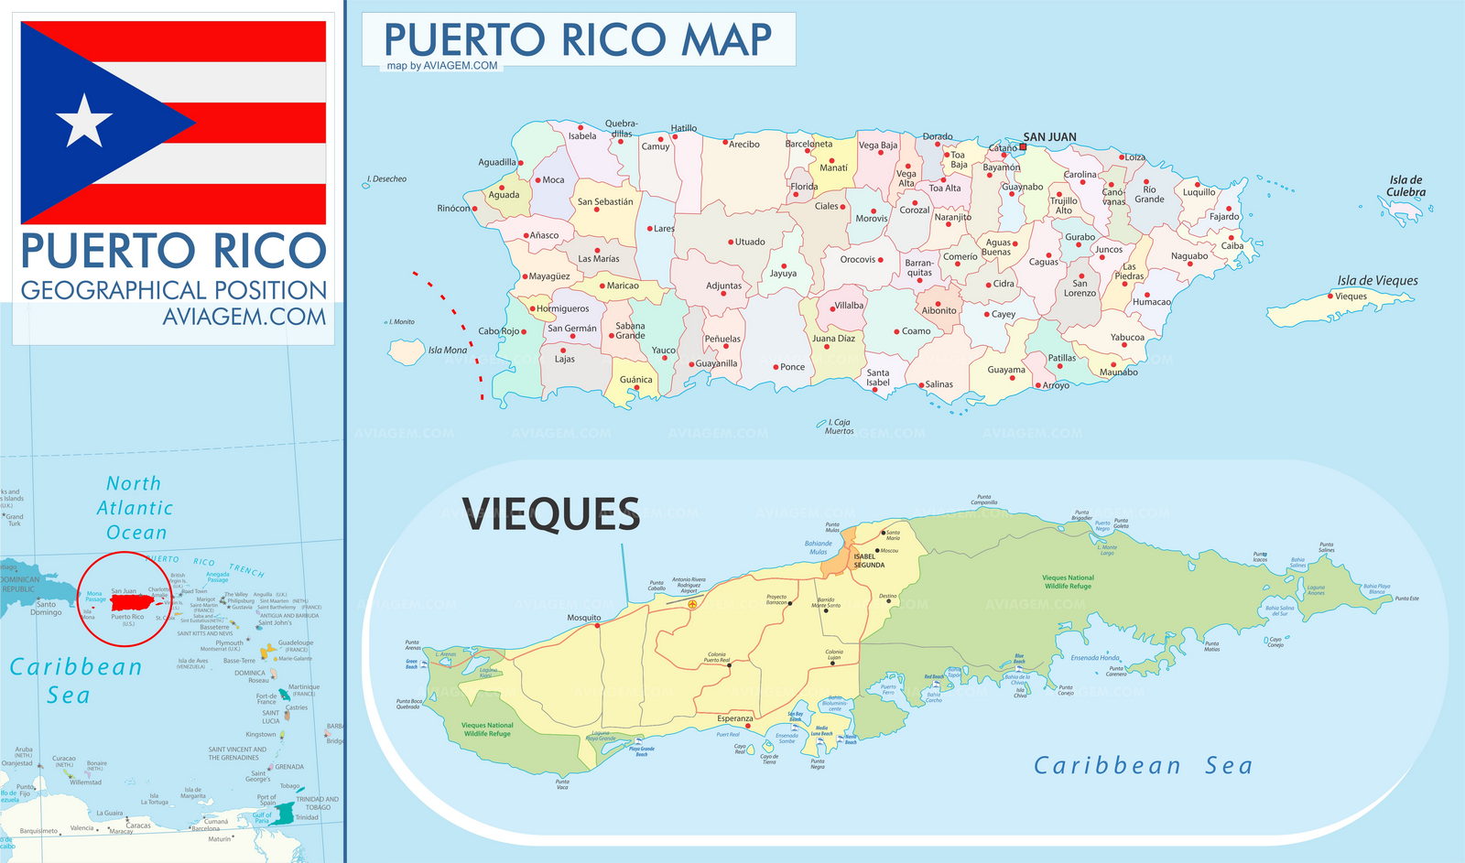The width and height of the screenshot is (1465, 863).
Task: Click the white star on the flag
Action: point(84,120)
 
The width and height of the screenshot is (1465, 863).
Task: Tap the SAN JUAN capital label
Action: point(1049,137)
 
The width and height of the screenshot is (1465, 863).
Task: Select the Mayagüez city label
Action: point(549,276)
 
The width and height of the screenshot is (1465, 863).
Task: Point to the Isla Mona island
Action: point(407,351)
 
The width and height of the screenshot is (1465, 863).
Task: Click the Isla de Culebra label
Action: point(1405,186)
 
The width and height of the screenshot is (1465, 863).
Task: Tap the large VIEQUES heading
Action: point(551,514)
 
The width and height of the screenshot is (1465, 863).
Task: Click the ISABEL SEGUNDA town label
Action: point(868,561)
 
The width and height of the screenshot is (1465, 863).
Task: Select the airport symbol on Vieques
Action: point(691,605)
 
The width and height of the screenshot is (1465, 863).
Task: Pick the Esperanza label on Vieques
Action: point(734,718)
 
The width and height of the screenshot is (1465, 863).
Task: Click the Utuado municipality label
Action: point(750,242)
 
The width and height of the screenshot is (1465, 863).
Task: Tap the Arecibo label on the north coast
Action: point(743,145)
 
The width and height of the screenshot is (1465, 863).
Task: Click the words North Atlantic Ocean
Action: point(136,508)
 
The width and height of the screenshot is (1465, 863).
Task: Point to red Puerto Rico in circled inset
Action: point(133,602)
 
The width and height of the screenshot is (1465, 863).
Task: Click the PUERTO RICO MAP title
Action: point(577,40)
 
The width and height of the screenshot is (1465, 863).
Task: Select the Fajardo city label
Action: point(1224,217)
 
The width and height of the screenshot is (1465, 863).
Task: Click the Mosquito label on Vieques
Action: point(584,618)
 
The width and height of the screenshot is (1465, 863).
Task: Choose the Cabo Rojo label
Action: point(498,331)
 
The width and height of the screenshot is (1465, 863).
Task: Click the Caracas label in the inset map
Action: point(138,825)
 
